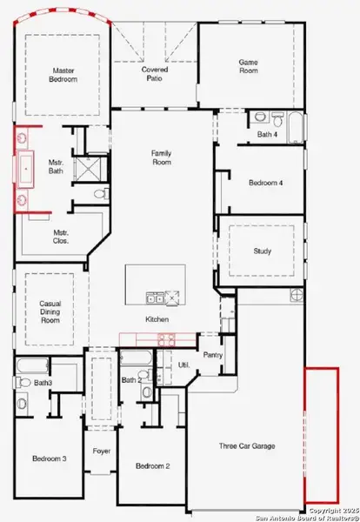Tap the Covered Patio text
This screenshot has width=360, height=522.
coord(155,75)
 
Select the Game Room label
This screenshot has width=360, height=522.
coord(251,67)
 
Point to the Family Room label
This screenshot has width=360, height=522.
coord(163,157)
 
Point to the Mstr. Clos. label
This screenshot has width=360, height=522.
coord(61,237)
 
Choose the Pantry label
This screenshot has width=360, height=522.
coord(213,355)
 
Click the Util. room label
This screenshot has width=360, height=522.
coord(184,365)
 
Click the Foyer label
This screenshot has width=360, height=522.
coord(102,452)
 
